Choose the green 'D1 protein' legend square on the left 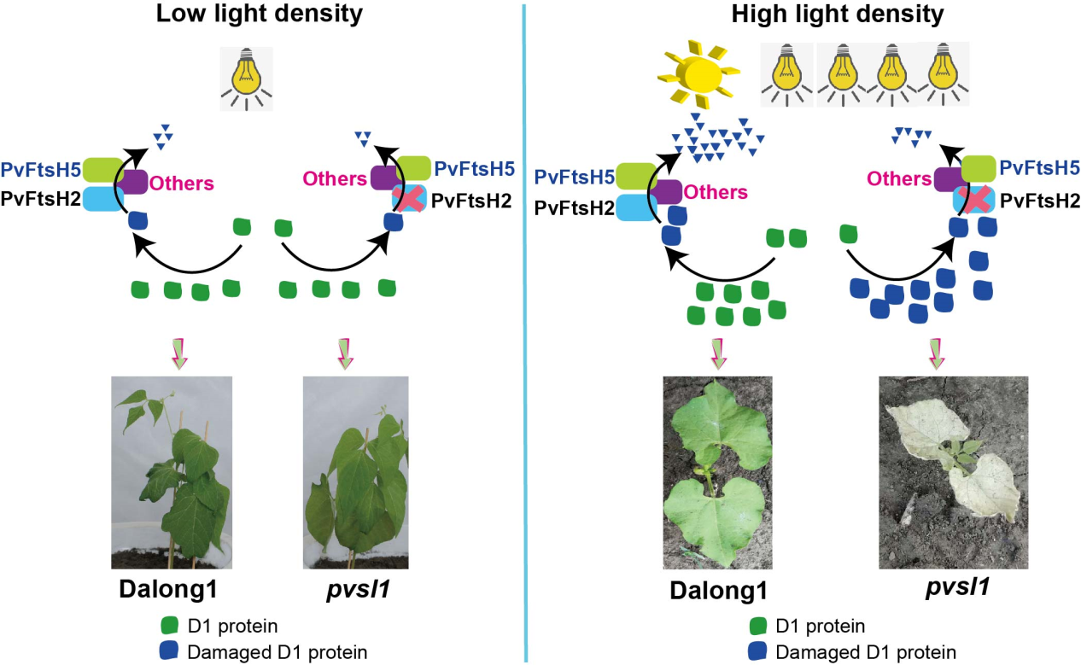coord(171,627)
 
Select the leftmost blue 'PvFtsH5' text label coord(41,168)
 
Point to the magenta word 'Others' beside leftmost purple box coord(182,184)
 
